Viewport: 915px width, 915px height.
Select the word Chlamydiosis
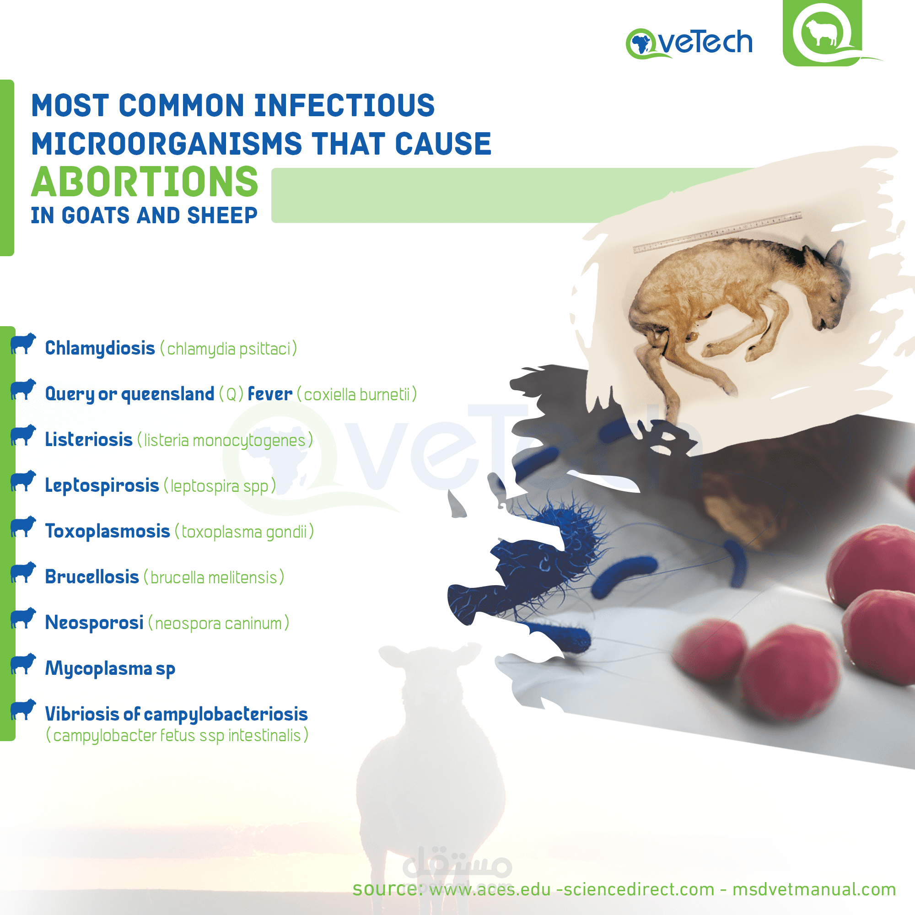coord(100,349)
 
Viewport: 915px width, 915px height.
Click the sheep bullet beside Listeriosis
coord(23,435)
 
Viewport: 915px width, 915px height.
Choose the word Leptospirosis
coord(102,486)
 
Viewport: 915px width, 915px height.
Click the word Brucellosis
coord(92,577)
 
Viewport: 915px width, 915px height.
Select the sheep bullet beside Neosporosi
coord(23,619)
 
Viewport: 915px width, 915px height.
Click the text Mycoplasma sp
coord(110,669)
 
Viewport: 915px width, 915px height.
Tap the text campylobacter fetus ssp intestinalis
coord(177,736)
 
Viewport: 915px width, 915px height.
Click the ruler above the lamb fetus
coord(717,232)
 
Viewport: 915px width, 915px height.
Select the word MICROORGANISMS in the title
coord(167,144)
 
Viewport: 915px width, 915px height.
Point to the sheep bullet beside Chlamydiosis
coord(23,344)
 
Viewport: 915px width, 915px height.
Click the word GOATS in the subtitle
coord(96,215)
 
